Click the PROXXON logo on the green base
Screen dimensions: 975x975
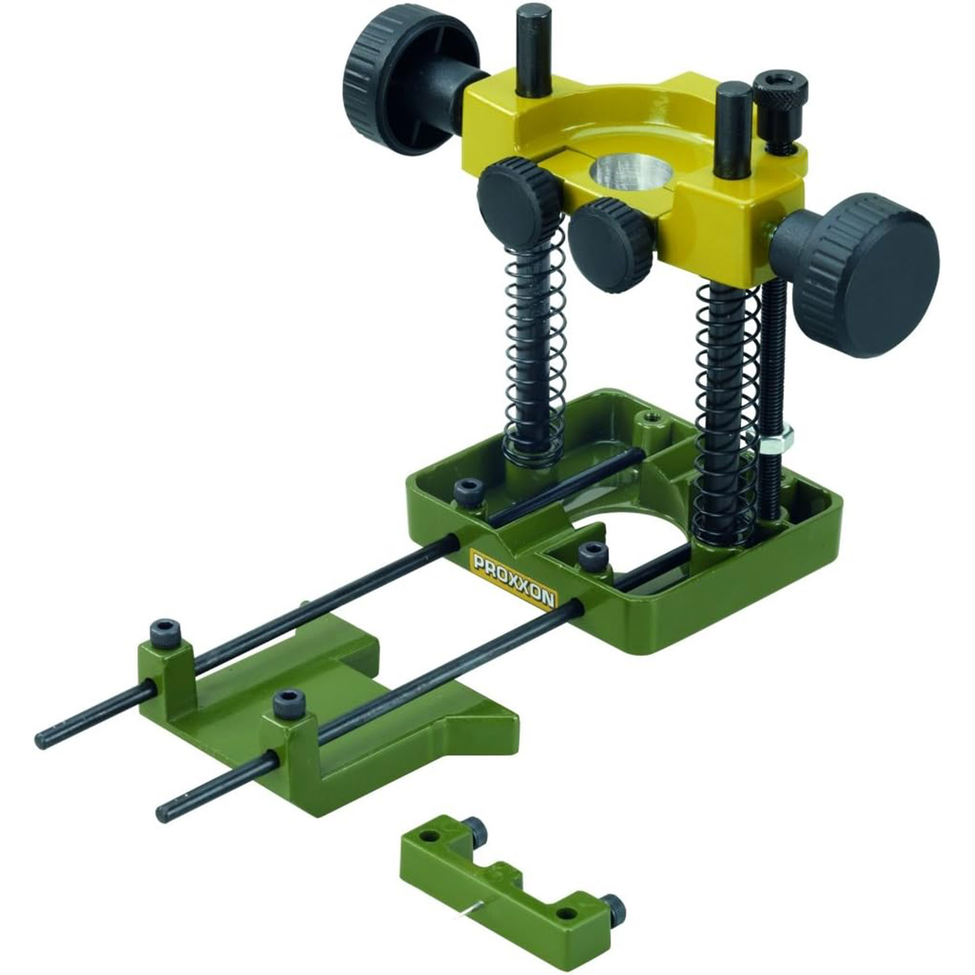tap(512, 578)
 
